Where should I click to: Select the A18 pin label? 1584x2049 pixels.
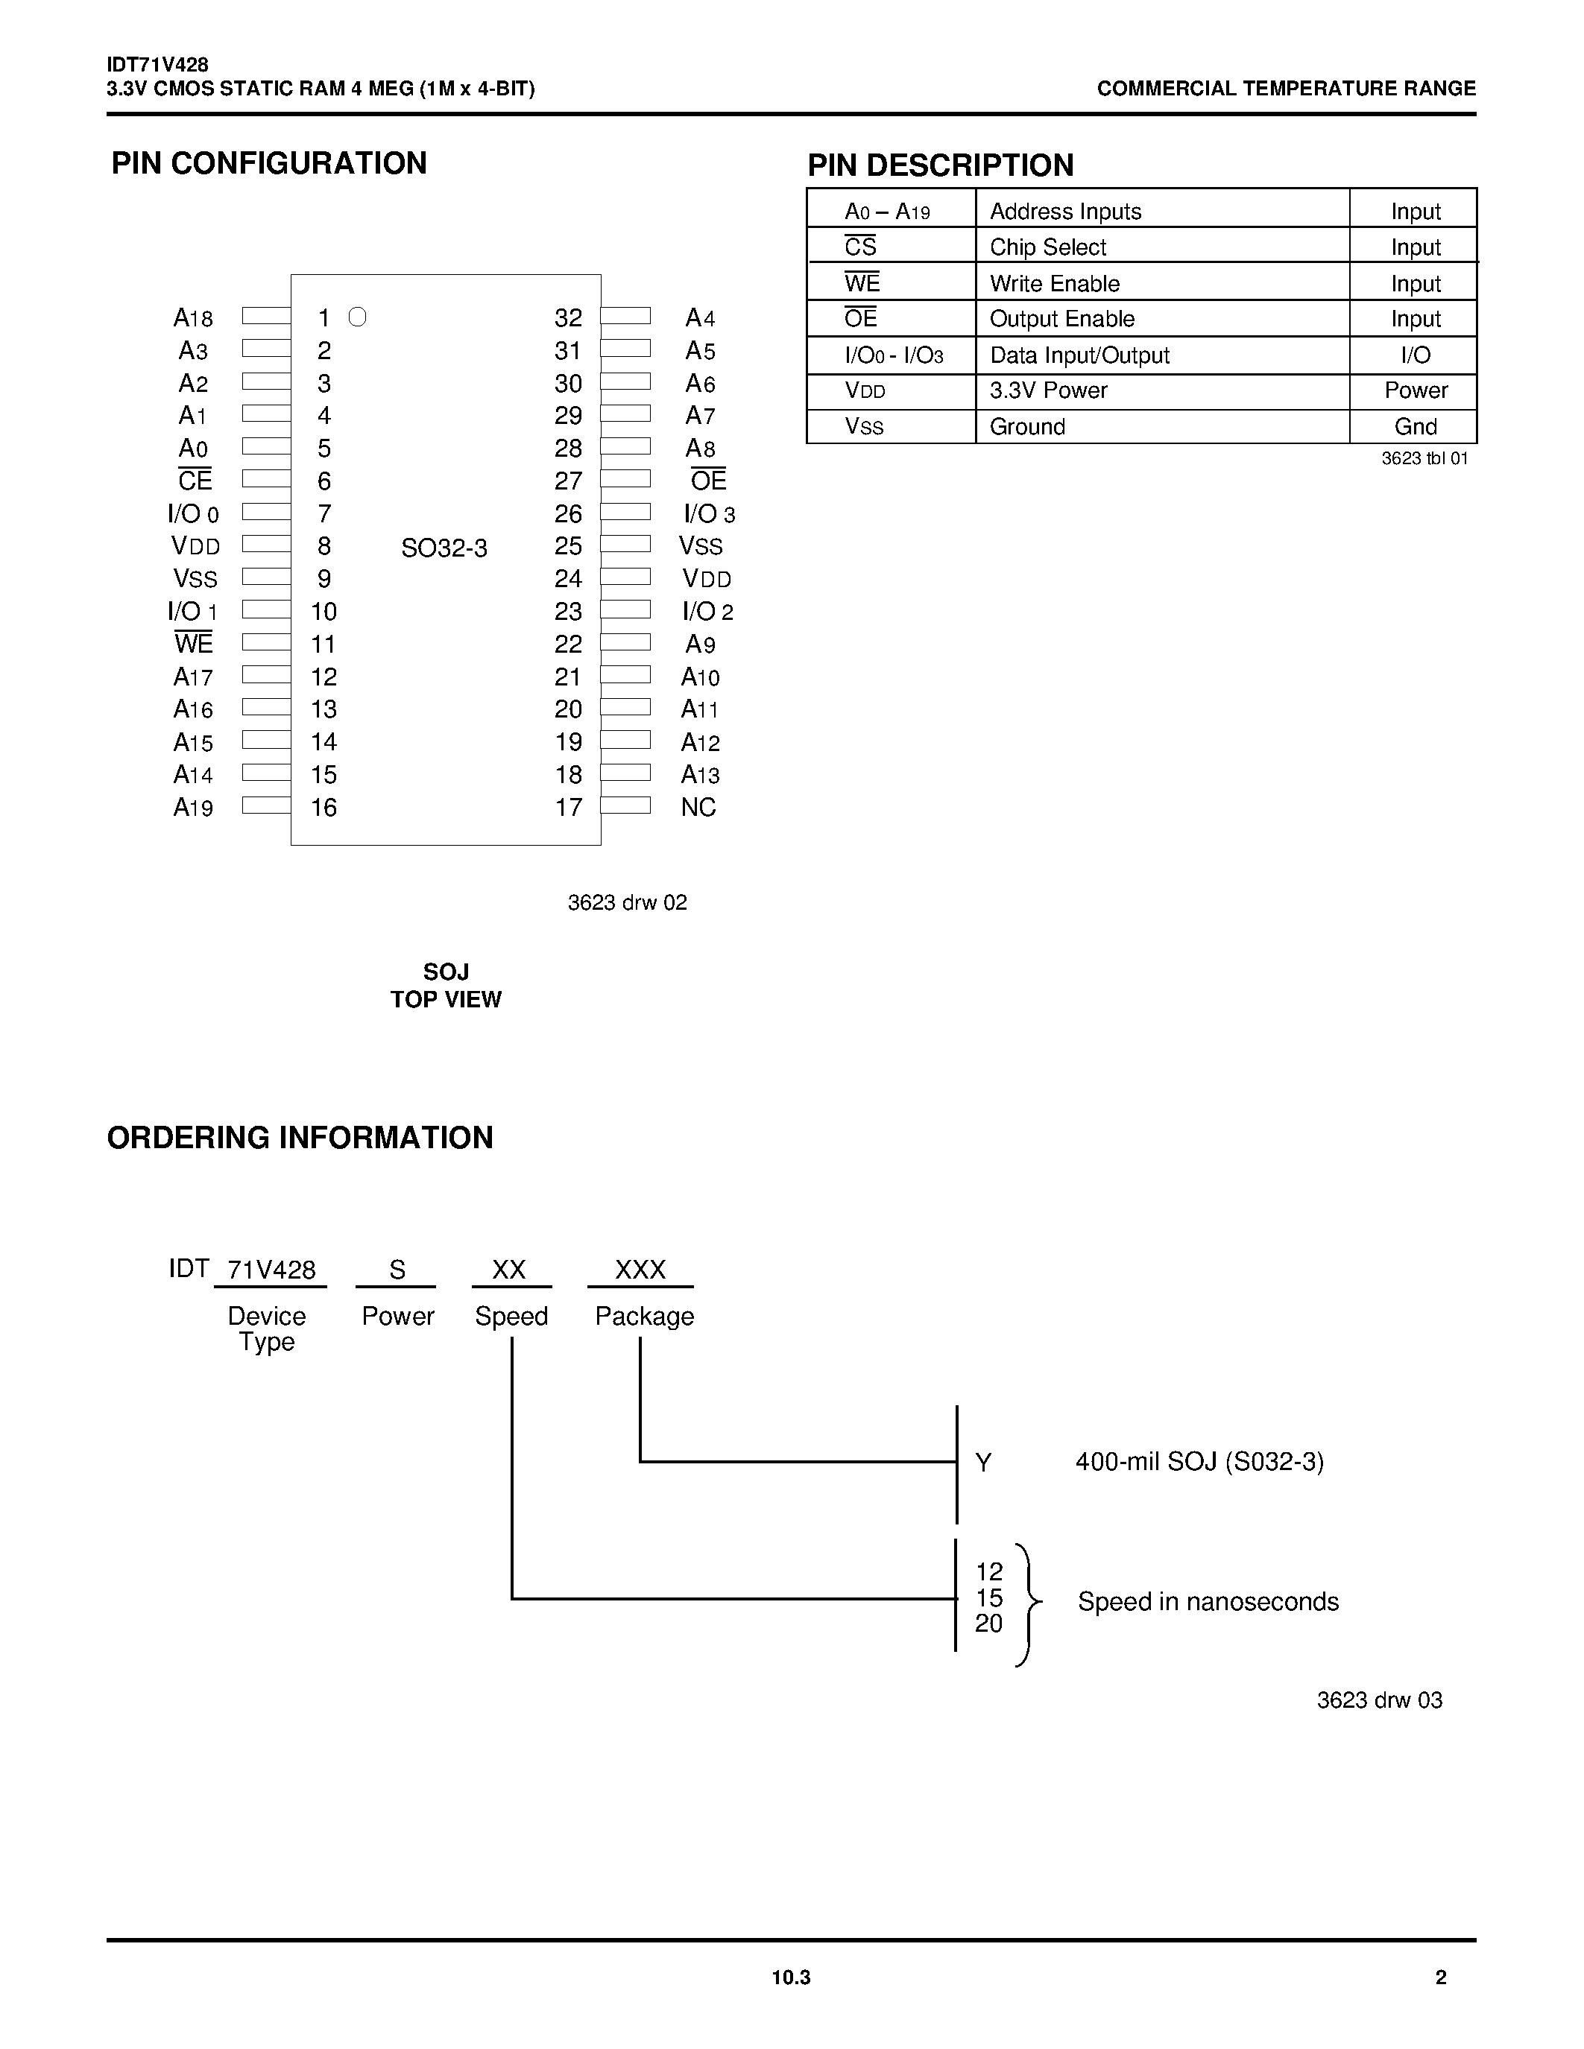193,318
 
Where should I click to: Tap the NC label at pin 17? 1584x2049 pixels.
698,808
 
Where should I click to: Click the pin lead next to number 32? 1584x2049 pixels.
625,316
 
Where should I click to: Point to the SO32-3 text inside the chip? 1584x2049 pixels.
444,548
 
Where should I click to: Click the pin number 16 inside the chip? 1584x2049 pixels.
324,808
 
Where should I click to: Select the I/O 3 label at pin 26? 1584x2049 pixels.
708,514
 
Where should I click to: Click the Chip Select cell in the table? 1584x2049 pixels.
1048,247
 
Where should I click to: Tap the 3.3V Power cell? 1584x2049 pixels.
1048,390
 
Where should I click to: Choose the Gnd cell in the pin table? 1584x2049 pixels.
1415,427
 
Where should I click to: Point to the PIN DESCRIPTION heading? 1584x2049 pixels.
940,165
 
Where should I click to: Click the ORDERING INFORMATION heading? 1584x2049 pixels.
300,1137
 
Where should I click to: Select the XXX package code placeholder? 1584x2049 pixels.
640,1270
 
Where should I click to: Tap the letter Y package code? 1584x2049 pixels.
983,1463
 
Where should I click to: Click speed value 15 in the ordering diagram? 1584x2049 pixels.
989,1597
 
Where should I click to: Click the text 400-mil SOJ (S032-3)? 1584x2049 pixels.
1199,1462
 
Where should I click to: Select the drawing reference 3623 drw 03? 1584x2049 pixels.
1378,1700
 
